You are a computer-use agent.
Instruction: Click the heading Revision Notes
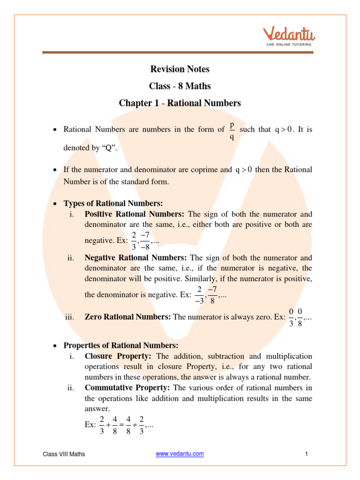[x=180, y=69]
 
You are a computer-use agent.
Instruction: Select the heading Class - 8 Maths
[x=180, y=86]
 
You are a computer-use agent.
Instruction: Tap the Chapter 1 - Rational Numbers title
[x=180, y=103]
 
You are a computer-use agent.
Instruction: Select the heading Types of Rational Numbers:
[x=113, y=203]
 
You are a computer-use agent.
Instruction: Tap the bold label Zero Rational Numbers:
[x=127, y=317]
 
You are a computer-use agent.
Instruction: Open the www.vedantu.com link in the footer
[x=180, y=454]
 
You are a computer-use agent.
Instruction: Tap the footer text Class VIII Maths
[x=64, y=454]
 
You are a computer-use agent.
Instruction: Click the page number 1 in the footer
[x=306, y=454]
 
